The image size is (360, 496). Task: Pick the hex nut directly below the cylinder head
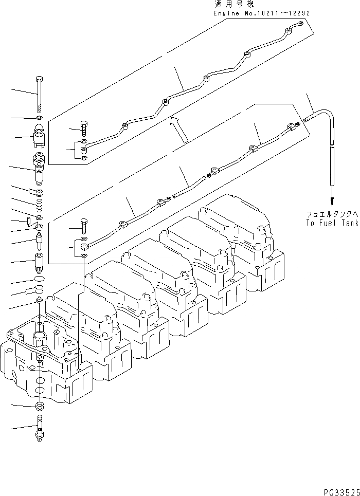point(40,406)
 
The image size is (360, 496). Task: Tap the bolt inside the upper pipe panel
point(84,126)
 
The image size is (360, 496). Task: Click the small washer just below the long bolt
point(40,119)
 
